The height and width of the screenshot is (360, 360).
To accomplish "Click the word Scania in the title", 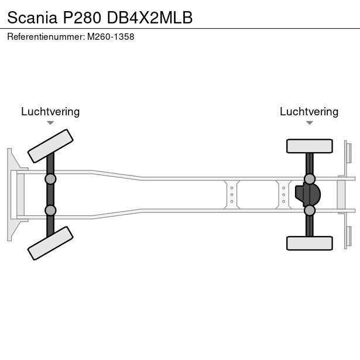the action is pyautogui.click(x=32, y=18).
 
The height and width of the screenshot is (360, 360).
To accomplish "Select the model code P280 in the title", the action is pyautogui.click(x=82, y=18).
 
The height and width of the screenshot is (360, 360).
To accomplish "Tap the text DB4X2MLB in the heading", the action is pyautogui.click(x=150, y=18).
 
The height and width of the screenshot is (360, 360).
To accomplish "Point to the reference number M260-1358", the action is pyautogui.click(x=111, y=37).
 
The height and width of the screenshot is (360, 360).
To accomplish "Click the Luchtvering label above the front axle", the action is pyautogui.click(x=50, y=112).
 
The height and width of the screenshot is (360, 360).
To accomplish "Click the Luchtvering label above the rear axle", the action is pyautogui.click(x=309, y=112).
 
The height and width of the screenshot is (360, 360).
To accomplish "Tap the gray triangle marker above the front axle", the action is pyautogui.click(x=50, y=123).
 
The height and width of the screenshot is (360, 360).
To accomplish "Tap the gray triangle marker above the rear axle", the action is pyautogui.click(x=310, y=123).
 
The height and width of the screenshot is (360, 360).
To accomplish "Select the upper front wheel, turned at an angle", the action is pyautogui.click(x=50, y=146).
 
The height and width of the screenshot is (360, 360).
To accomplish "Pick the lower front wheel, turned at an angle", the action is pyautogui.click(x=50, y=243).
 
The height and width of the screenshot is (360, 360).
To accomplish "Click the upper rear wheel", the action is pyautogui.click(x=310, y=146).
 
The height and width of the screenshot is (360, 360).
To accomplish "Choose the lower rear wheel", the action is pyautogui.click(x=310, y=243).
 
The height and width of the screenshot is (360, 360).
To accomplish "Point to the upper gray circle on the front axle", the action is pyautogui.click(x=50, y=179).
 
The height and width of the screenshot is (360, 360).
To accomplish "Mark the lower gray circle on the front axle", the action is pyautogui.click(x=50, y=210).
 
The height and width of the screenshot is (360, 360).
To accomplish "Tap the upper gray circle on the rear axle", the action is pyautogui.click(x=310, y=179).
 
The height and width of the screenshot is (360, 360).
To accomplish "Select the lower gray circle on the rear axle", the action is pyautogui.click(x=310, y=210).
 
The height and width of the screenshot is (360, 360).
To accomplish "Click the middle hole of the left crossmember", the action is pyautogui.click(x=232, y=195).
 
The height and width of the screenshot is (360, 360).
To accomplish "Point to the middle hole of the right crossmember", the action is pyautogui.click(x=284, y=195).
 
